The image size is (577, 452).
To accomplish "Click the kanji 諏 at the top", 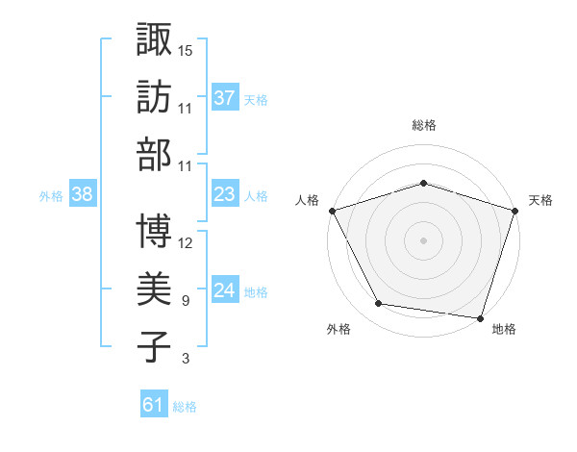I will tap(154, 39).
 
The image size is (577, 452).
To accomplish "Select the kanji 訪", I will tap(154, 97).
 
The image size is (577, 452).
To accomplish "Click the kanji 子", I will tap(154, 346).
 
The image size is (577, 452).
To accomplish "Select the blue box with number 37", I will tap(225, 97).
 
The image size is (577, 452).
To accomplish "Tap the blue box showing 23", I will tap(225, 194).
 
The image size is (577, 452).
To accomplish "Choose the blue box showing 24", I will tap(225, 290).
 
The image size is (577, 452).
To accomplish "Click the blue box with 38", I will tap(83, 194).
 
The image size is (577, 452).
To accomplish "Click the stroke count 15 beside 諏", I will tap(186, 49).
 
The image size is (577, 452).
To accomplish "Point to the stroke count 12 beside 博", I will tap(186, 242).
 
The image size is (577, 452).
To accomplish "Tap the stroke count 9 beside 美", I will tap(185, 300).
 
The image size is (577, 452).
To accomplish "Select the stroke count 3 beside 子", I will tap(185, 359).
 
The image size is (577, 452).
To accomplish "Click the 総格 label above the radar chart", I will tap(424, 125).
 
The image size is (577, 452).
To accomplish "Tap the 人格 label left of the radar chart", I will tap(309, 200).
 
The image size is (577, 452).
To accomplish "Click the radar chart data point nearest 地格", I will tap(480, 317).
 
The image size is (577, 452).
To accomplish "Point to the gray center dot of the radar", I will tap(423, 239).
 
